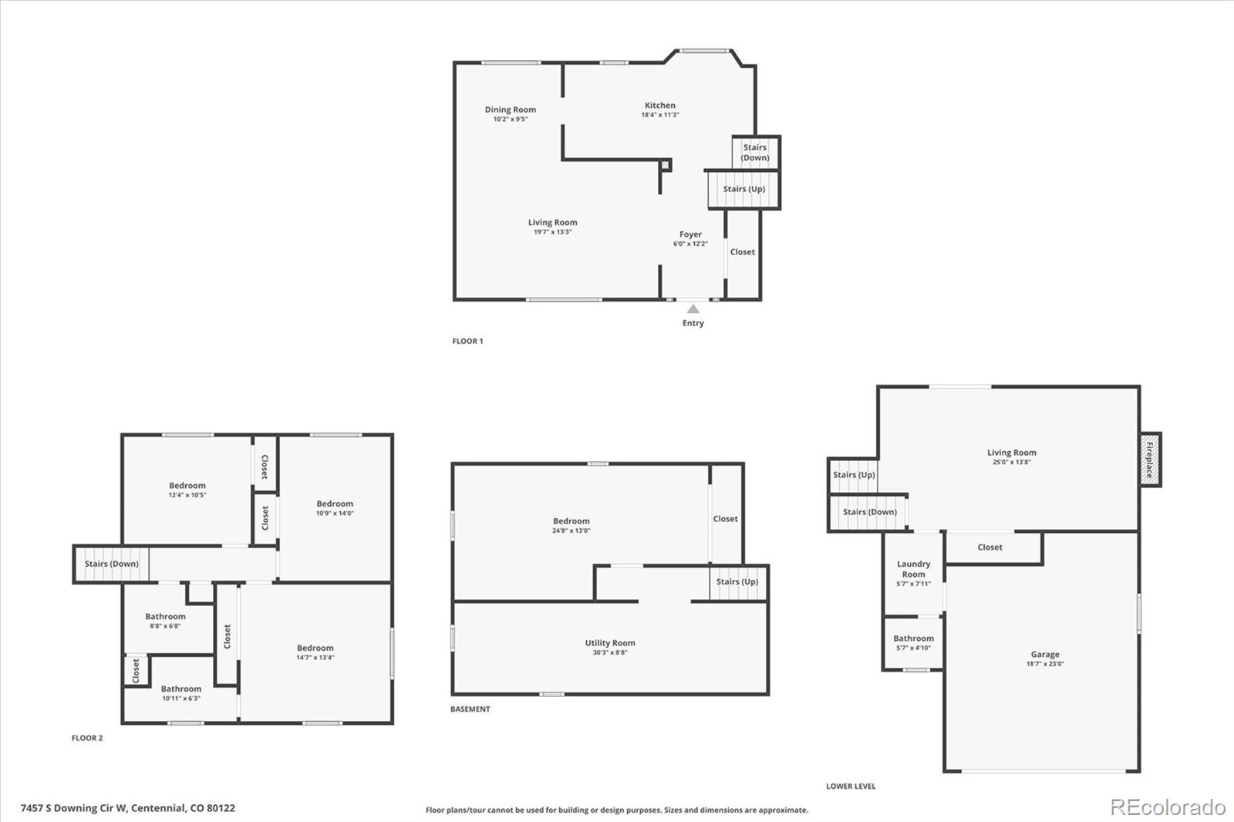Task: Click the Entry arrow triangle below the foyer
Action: coord(693,309)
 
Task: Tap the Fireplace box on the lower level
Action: coord(1150,460)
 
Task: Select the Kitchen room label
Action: coord(660,106)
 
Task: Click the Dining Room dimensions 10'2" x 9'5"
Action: coord(511,120)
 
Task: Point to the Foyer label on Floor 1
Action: coord(690,234)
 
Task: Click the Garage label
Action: coord(1045,654)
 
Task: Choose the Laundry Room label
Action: coord(913,569)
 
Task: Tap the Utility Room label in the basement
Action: coord(610,642)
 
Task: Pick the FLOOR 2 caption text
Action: coord(87,738)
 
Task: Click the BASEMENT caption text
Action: coord(470,709)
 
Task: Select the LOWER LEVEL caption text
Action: coord(851,787)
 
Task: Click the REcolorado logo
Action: coord(1168,807)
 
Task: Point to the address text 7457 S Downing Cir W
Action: coord(127,808)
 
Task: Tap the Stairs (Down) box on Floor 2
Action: coord(111,564)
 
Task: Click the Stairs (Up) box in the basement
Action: coord(737,581)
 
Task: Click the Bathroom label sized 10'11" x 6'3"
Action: coord(181,689)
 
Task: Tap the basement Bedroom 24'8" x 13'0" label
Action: coord(571,521)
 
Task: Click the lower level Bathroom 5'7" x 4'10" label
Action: coord(913,638)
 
